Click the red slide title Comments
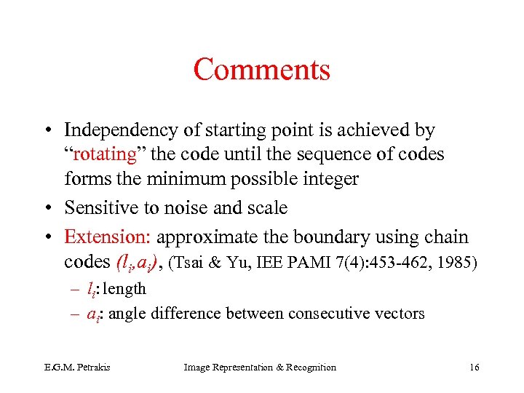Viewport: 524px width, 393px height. [x=261, y=70]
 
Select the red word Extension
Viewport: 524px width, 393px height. [x=107, y=237]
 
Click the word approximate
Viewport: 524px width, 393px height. [x=206, y=237]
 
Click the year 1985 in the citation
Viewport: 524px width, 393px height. [x=456, y=262]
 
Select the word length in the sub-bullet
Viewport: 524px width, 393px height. [x=124, y=289]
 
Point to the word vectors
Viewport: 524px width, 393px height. [x=399, y=314]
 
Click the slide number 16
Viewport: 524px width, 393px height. [x=475, y=368]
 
